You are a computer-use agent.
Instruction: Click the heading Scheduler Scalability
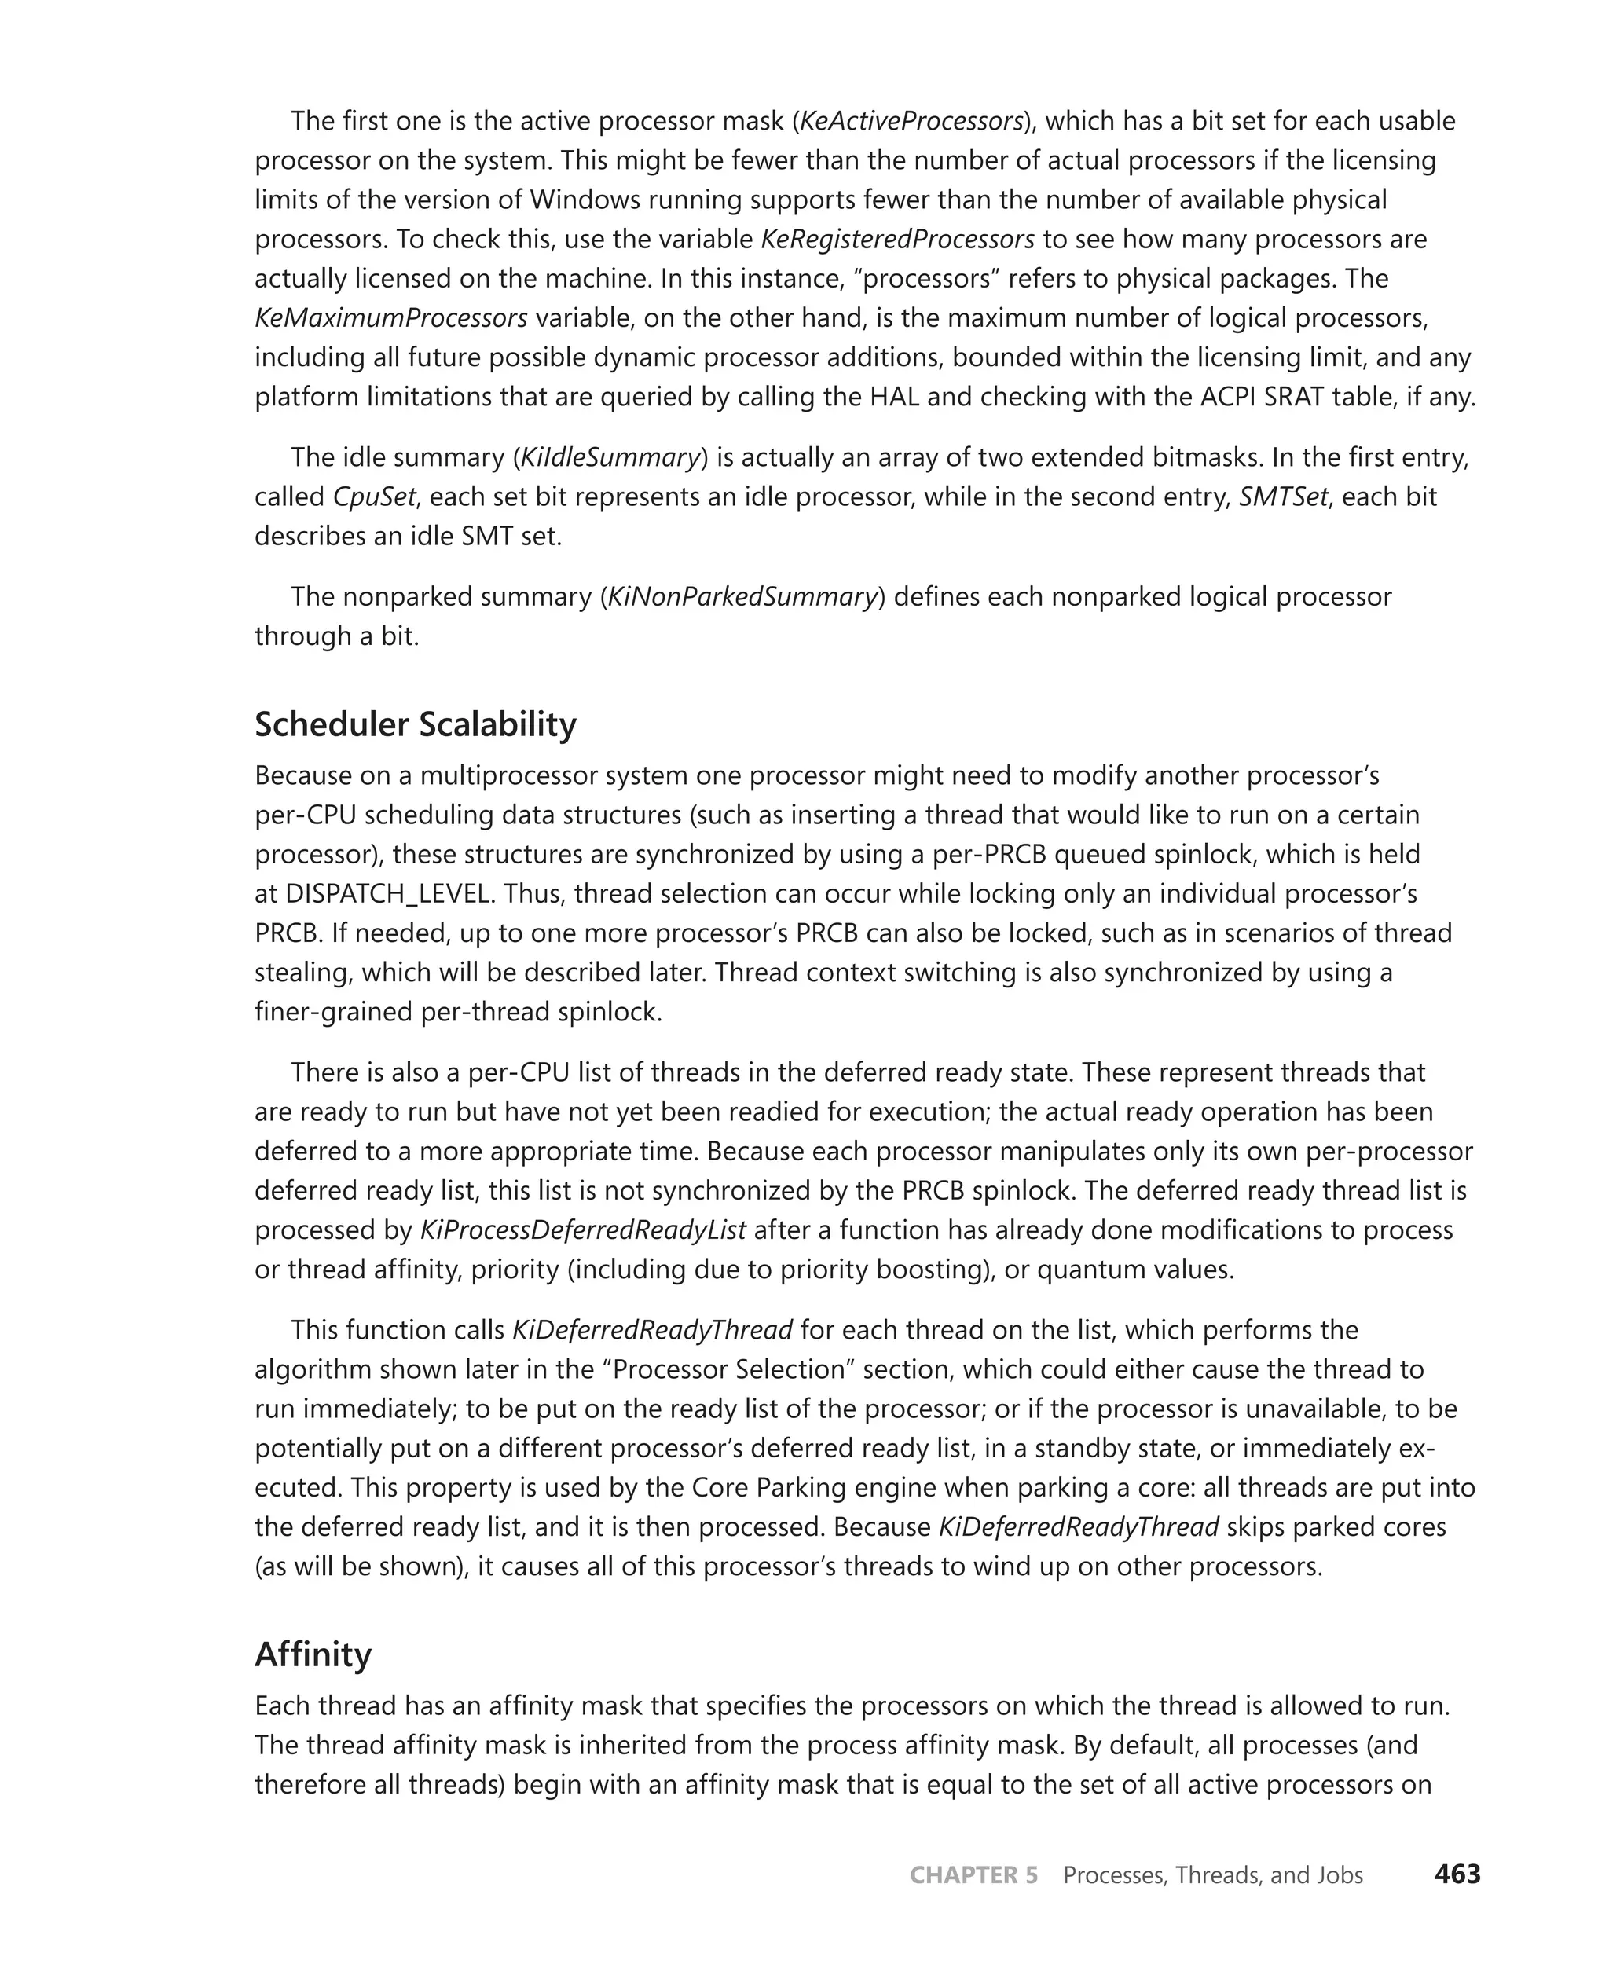[416, 724]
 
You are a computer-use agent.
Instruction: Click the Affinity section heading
[313, 1654]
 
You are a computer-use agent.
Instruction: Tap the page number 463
[1457, 1874]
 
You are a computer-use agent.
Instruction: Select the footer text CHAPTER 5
[973, 1875]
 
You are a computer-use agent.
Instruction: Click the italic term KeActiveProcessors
[911, 122]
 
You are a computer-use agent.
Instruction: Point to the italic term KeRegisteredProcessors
[897, 239]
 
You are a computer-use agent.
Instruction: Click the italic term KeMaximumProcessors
[391, 318]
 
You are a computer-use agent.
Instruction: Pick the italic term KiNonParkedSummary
[742, 596]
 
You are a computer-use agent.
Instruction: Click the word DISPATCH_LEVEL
[387, 893]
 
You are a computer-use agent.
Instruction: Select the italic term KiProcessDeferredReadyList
[583, 1230]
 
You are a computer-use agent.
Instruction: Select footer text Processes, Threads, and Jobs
[1212, 1875]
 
